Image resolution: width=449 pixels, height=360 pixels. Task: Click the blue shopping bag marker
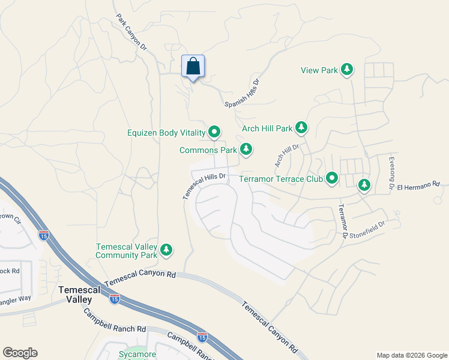point(193,66)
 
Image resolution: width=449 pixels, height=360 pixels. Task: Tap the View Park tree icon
point(347,70)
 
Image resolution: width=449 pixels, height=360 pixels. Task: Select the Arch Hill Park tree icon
point(301,128)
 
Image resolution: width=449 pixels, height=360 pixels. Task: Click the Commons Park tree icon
point(246,149)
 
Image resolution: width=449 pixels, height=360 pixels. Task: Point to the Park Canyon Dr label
point(131,32)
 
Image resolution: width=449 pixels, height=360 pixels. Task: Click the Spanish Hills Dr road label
point(243,94)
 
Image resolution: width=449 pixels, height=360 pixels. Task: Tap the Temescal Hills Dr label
point(203,185)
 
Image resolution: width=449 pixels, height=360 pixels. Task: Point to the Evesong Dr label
point(391,174)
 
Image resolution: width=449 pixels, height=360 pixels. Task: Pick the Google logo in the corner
point(20,353)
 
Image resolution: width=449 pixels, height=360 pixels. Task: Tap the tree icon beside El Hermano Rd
point(364,185)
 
